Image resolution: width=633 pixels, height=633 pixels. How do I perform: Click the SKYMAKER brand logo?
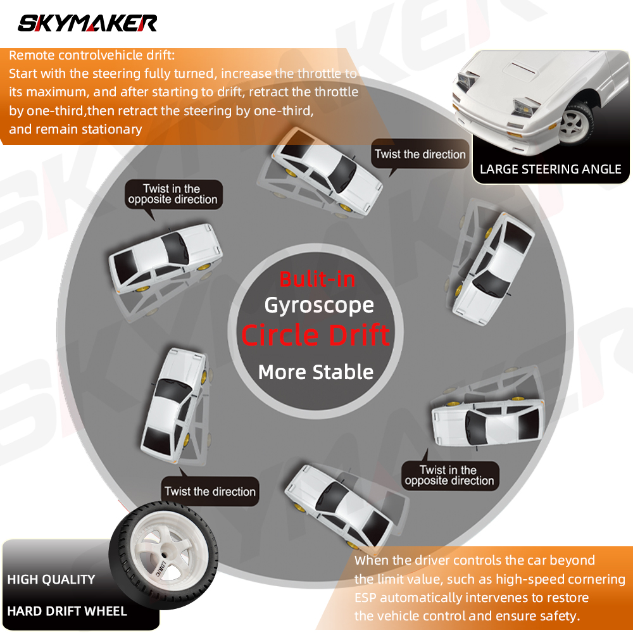coord(87,23)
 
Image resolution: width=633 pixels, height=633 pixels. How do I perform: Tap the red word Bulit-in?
coord(317,279)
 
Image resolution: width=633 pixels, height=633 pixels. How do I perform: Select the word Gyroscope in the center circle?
coord(319,306)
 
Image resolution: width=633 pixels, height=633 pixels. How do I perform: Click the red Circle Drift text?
coord(316,335)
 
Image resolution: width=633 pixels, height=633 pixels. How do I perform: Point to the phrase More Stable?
coord(316,372)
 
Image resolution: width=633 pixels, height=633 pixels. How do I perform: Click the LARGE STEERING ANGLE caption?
coord(550,169)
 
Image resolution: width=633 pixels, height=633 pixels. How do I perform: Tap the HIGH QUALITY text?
coord(51,579)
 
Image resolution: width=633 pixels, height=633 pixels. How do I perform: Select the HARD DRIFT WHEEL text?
coord(67,611)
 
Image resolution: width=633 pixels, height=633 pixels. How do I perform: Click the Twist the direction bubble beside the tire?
coord(210,491)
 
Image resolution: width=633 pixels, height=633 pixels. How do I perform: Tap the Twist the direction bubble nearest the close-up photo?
coord(420,154)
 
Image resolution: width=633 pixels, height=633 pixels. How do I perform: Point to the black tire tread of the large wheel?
coord(202,537)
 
